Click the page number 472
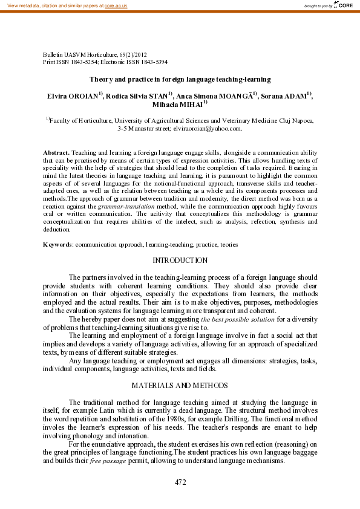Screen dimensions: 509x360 pos(180,482)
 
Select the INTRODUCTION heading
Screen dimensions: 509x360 pos(180,261)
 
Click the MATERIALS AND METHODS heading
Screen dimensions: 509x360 pos(180,385)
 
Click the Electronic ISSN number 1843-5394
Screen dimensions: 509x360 pos(152,62)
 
